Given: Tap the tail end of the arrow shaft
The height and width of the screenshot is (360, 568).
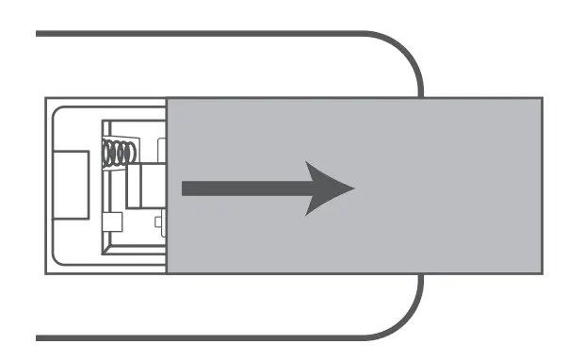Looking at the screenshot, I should (x=185, y=188).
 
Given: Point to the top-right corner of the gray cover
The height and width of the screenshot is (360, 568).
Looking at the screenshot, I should (x=542, y=96).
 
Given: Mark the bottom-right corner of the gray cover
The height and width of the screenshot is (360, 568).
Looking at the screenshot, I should (x=542, y=272).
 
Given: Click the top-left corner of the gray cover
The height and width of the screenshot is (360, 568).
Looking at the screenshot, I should (x=168, y=96).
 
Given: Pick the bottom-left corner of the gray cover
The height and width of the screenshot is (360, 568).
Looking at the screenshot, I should (x=168, y=272).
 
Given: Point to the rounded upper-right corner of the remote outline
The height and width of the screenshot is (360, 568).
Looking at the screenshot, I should (x=405, y=52).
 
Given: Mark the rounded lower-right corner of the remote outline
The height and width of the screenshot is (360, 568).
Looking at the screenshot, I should (x=405, y=320).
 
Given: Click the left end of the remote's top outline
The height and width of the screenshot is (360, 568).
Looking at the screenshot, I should (x=38, y=34).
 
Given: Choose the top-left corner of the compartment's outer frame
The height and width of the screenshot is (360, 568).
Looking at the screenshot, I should (x=46, y=96).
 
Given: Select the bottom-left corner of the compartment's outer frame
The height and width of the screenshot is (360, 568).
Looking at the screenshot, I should (x=46, y=272).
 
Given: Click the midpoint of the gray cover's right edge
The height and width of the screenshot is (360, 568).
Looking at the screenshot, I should (x=542, y=185).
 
